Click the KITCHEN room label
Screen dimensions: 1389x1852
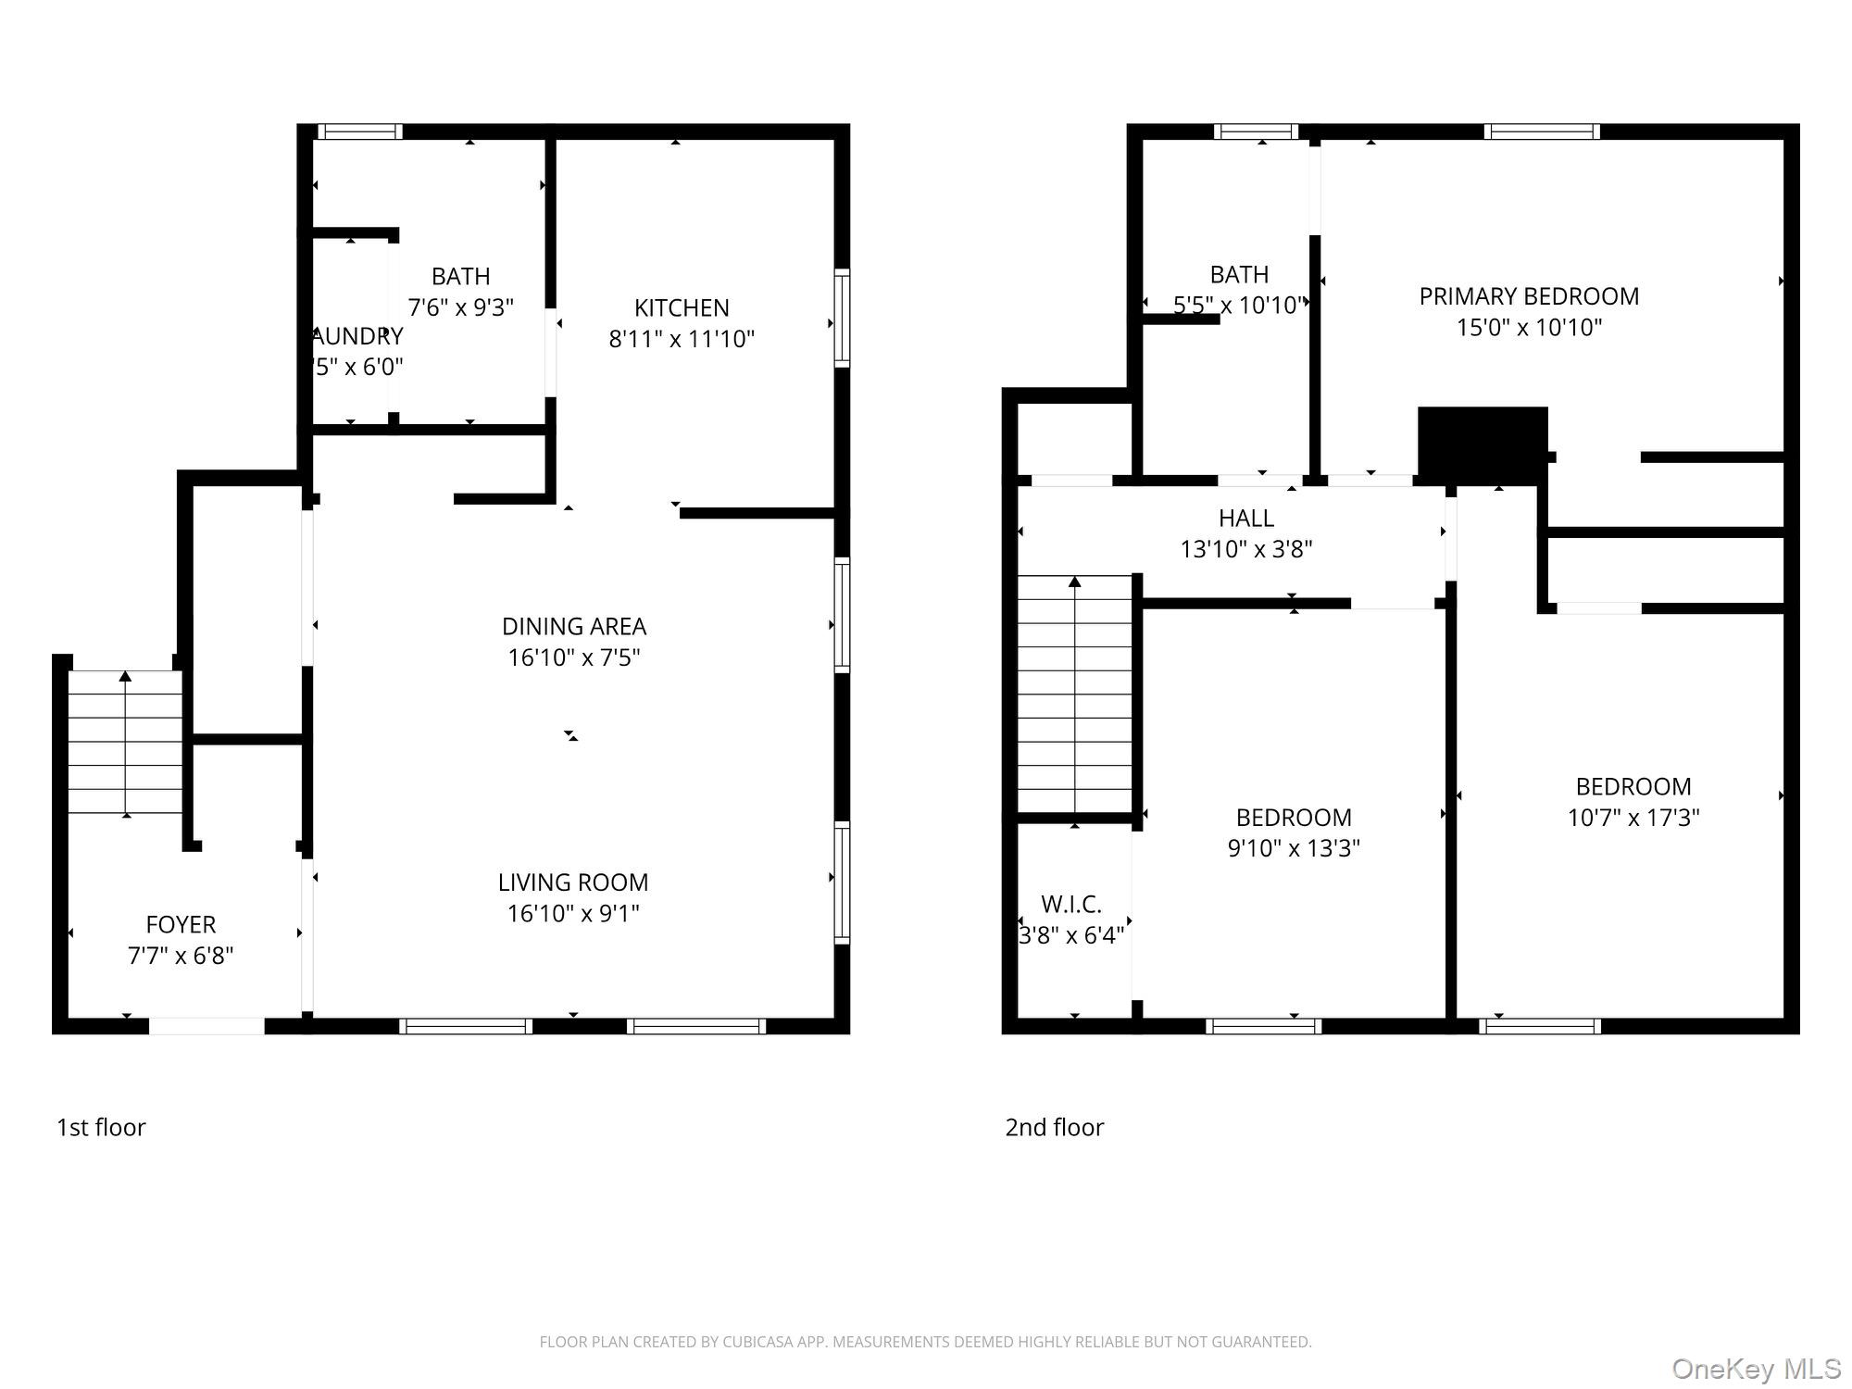(682, 307)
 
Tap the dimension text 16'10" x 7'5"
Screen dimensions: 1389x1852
(574, 657)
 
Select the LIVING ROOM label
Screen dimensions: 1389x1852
(573, 882)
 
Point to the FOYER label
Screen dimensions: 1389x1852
(181, 924)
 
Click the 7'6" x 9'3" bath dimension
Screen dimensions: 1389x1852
(460, 307)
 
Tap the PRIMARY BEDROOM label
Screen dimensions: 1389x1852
(1529, 296)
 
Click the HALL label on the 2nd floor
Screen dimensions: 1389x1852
(1245, 518)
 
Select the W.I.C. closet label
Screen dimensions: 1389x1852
(1071, 904)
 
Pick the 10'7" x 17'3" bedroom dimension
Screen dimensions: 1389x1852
(1633, 818)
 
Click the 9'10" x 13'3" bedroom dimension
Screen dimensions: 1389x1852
(1294, 848)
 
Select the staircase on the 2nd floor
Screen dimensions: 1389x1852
(1074, 694)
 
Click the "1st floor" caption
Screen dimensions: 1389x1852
(101, 1128)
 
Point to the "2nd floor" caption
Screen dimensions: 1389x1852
(1054, 1128)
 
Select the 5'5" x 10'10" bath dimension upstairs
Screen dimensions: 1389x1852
(1239, 306)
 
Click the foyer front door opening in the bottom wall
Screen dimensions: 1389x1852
(206, 1026)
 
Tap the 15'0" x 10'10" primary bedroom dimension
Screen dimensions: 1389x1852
(1529, 328)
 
